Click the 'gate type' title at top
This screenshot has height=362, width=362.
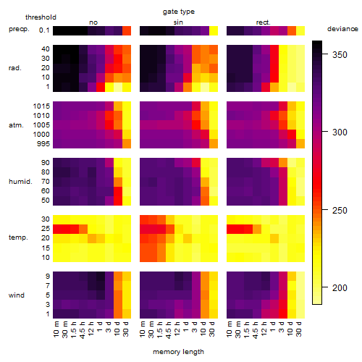click(179, 12)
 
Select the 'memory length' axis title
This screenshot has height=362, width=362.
click(178, 352)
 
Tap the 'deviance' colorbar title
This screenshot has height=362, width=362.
click(342, 29)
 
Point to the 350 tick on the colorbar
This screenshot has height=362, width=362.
click(325, 54)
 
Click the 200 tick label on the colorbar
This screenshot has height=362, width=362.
click(340, 287)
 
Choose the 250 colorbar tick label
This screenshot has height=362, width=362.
click(340, 210)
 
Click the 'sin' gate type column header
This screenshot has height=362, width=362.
click(178, 22)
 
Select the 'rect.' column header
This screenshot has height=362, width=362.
click(263, 22)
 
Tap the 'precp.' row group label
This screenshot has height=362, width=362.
click(19, 29)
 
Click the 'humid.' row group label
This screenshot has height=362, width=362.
click(20, 181)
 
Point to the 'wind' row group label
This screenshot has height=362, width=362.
click(17, 295)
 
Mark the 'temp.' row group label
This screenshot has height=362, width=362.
click(18, 237)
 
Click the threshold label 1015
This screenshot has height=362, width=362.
click(41, 106)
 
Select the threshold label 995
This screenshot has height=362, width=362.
click(43, 143)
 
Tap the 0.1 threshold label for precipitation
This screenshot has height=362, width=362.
click(44, 30)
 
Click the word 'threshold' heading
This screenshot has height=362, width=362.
click(41, 17)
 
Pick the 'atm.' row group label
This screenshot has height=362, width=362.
click(16, 125)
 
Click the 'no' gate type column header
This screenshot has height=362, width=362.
click(93, 22)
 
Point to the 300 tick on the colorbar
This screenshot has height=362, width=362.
click(325, 132)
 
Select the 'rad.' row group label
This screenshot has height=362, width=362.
click(15, 68)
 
